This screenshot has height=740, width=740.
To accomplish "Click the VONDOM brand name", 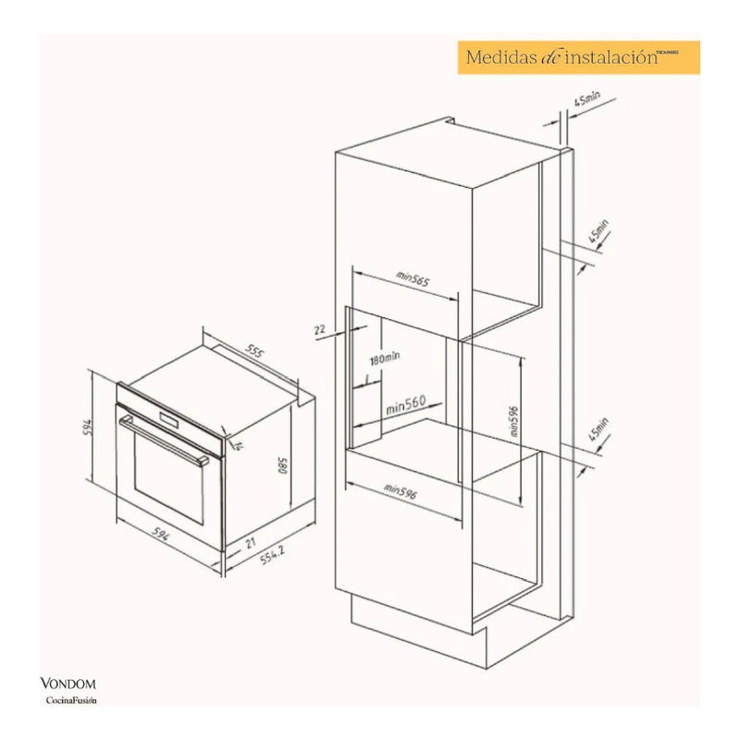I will click(x=68, y=684).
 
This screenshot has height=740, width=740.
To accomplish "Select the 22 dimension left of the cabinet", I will click(x=320, y=328).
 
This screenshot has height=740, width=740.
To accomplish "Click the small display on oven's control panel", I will click(x=168, y=419).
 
